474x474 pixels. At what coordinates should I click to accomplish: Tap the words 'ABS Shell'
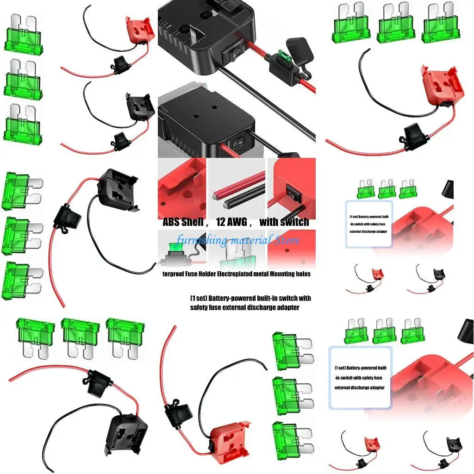pos(182,222)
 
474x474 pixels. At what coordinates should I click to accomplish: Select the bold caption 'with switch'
pos(284,222)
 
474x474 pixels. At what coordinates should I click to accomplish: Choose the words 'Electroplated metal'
pos(244,274)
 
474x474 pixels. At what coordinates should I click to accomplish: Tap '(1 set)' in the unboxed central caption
pos(199,298)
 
